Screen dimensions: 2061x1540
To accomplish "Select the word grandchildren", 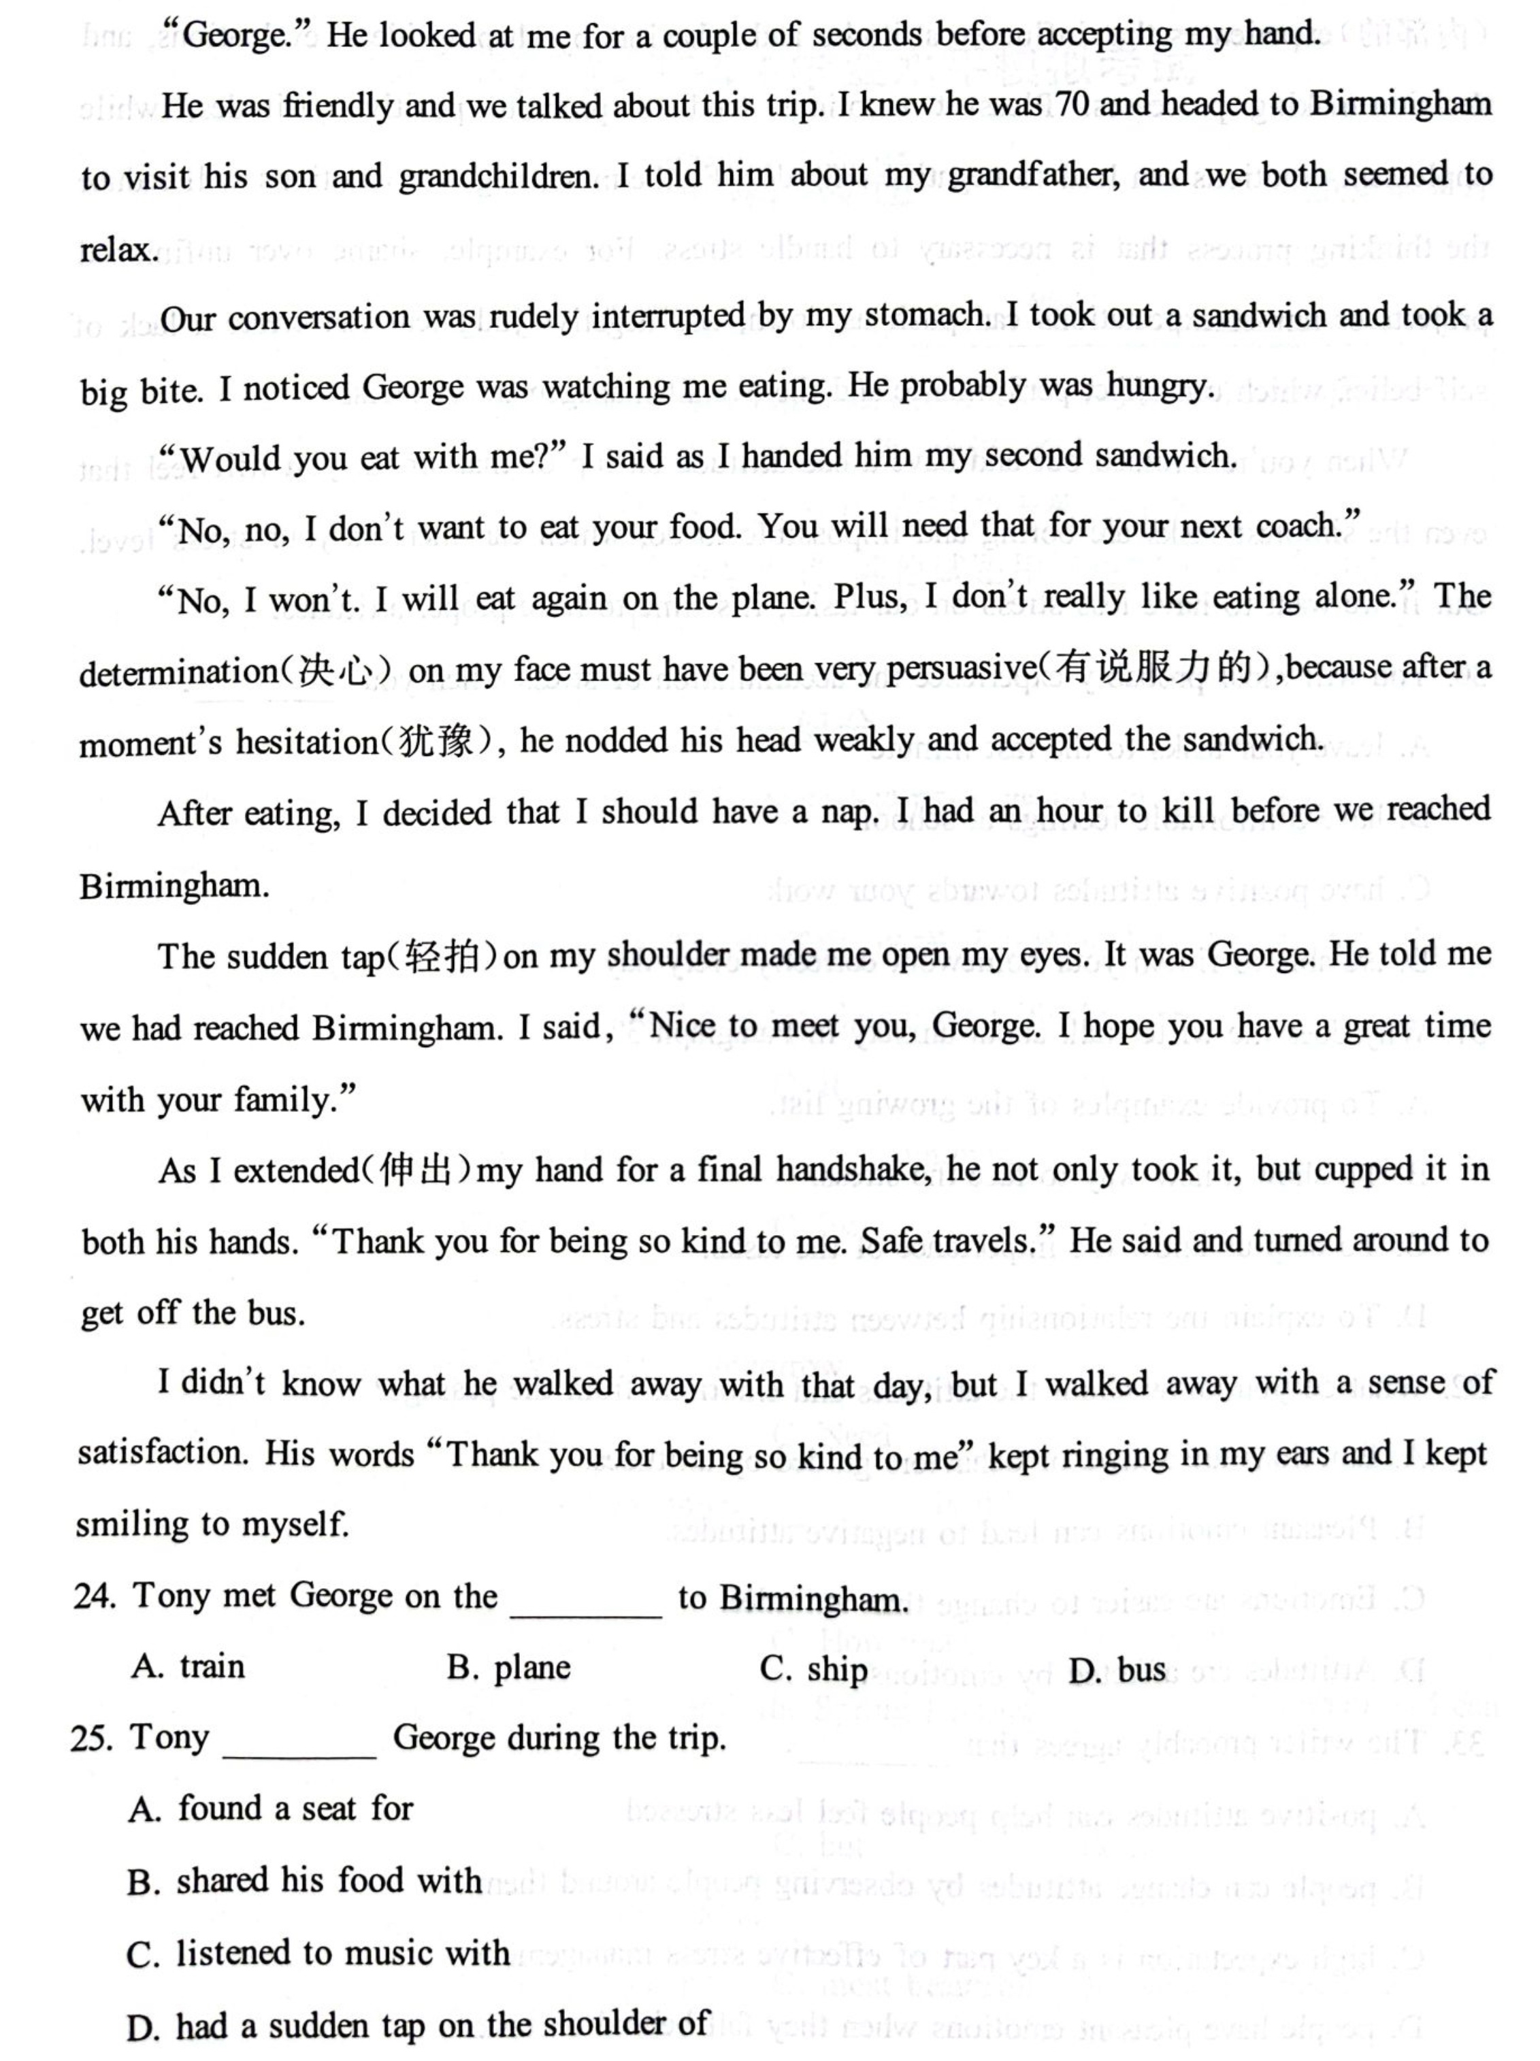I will point(497,177).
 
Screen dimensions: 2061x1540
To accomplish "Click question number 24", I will point(95,1596).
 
